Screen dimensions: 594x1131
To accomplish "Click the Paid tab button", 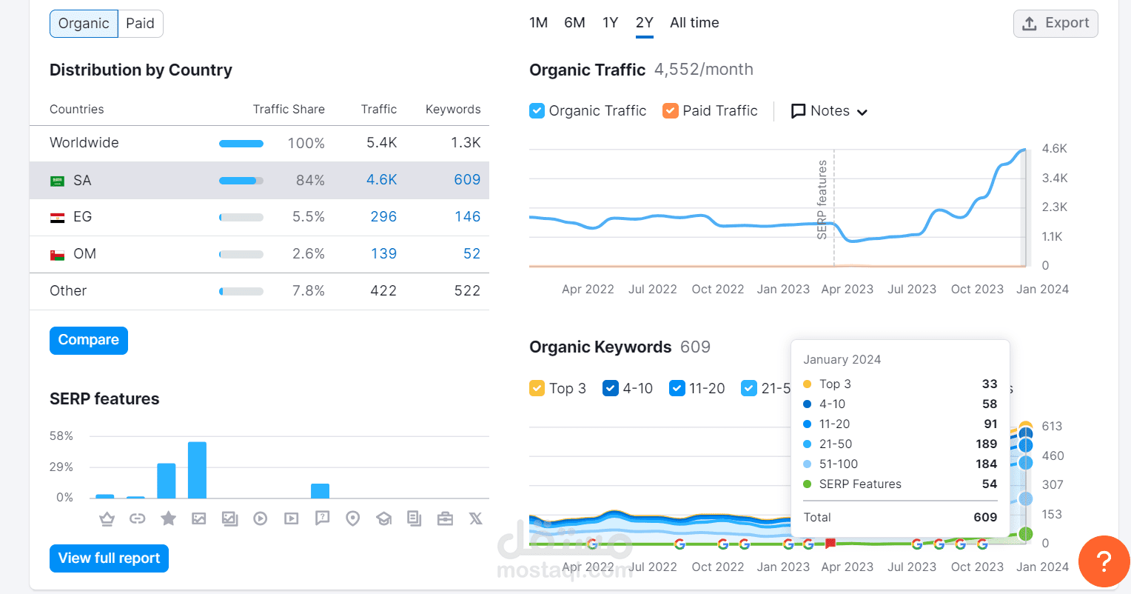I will [x=140, y=24].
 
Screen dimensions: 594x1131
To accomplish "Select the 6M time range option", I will [x=574, y=23].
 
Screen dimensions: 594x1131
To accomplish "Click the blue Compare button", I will [x=89, y=340].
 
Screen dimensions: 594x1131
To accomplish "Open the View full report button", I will [x=109, y=558].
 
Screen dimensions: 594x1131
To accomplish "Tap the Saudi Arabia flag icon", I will [x=57, y=181].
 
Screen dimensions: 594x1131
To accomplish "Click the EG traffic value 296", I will [x=383, y=217].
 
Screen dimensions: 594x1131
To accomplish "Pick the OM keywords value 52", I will [x=471, y=254].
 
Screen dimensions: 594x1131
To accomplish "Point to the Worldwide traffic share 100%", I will [x=306, y=144].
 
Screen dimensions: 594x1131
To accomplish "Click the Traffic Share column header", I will [x=289, y=110].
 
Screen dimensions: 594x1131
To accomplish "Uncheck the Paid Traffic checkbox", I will [x=671, y=111].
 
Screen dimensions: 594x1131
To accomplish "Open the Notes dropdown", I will [x=829, y=111].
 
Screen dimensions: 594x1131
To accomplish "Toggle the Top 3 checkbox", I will [x=537, y=388].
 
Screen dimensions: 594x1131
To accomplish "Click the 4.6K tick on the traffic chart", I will [x=1054, y=149].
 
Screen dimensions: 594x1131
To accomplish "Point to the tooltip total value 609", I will [x=984, y=518].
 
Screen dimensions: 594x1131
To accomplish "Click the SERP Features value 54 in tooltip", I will [x=989, y=484].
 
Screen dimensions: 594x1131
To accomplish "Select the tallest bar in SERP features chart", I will [x=197, y=470].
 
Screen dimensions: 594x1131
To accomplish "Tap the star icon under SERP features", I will [x=169, y=518].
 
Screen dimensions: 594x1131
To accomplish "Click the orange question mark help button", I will [x=1104, y=561].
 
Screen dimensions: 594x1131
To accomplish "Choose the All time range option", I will [x=694, y=23].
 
